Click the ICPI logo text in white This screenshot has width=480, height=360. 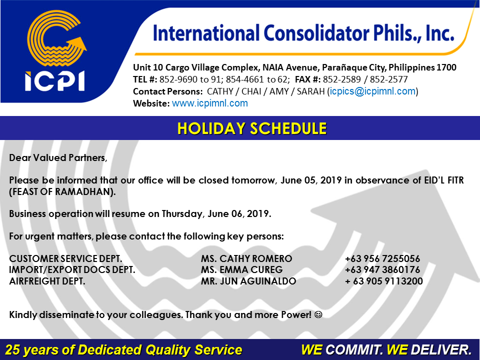tap(55, 81)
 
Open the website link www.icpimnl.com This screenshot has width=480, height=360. tap(209, 103)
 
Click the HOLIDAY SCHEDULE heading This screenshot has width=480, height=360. tap(252, 128)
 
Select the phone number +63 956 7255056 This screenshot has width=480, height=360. tap(382, 258)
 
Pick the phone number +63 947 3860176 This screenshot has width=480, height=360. tap(382, 269)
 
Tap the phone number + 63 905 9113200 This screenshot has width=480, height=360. tap(384, 281)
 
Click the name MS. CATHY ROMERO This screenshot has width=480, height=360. tap(246, 258)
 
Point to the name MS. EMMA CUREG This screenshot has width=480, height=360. tap(242, 269)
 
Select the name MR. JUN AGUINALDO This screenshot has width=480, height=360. tap(248, 281)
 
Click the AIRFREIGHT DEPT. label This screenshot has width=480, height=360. tap(47, 281)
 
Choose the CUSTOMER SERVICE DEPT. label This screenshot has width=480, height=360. tap(65, 258)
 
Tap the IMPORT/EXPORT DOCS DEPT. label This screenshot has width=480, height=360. tap(72, 269)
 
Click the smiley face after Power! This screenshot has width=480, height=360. tap(318, 314)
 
